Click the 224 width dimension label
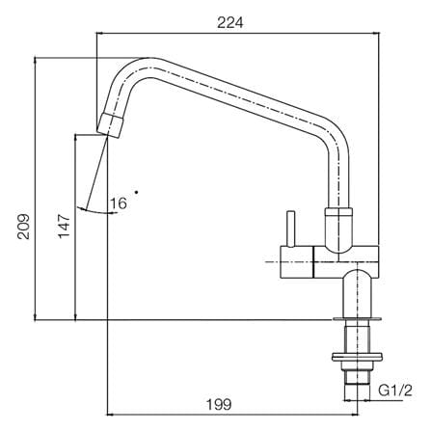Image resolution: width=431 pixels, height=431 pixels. click(x=230, y=23)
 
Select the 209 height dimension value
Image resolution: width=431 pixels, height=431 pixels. click(x=24, y=227)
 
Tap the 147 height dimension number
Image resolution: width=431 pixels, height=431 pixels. click(x=65, y=226)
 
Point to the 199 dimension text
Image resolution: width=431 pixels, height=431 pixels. click(x=219, y=404)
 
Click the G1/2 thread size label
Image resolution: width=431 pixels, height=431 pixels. click(x=395, y=391)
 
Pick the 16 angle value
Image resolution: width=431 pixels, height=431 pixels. click(x=119, y=203)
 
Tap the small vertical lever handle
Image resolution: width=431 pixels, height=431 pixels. click(x=291, y=229)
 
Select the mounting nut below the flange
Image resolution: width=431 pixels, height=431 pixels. click(x=357, y=357)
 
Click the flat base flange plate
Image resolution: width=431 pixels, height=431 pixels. click(x=357, y=319)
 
